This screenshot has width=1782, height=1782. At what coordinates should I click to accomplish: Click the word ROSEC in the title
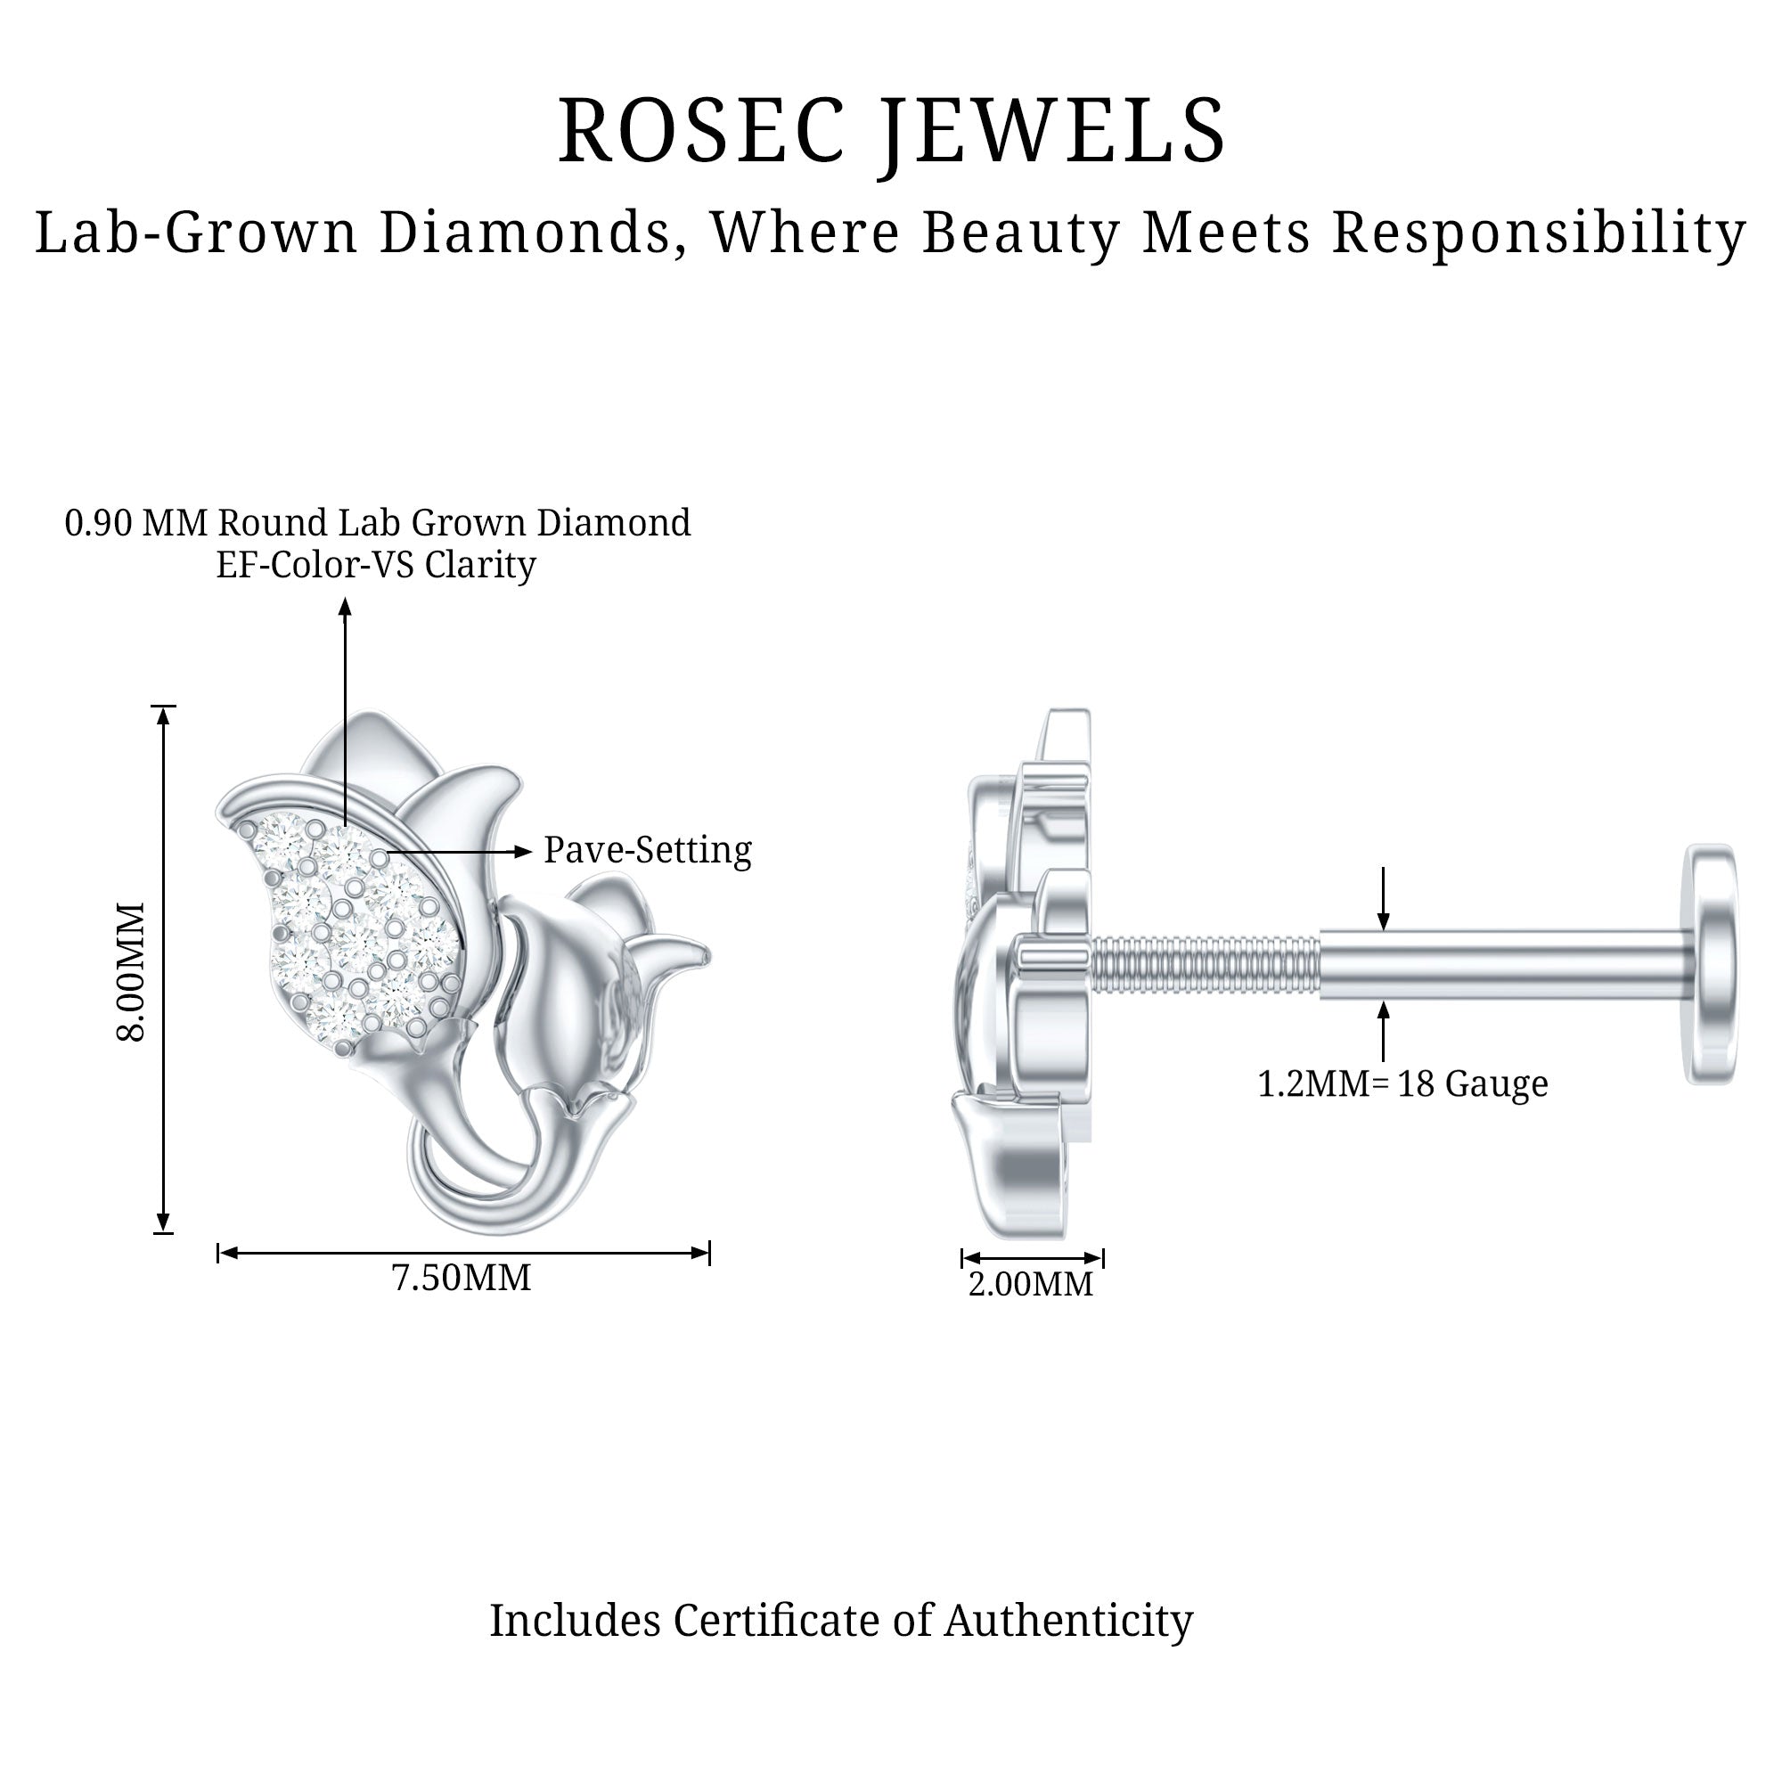point(701,131)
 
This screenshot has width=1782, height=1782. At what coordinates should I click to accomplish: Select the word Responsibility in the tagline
point(1539,232)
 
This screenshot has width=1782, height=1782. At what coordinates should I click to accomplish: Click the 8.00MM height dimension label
point(132,972)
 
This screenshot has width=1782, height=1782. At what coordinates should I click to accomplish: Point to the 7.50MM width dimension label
point(462,1279)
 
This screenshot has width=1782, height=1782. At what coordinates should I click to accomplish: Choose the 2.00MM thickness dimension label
point(1030,1284)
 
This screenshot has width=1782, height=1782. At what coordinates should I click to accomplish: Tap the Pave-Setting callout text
point(648,850)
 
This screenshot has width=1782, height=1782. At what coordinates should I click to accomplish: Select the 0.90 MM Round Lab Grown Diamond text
point(377,523)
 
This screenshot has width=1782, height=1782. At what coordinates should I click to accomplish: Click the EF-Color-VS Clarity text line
point(375,565)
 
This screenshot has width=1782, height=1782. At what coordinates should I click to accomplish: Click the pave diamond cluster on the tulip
point(361,932)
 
